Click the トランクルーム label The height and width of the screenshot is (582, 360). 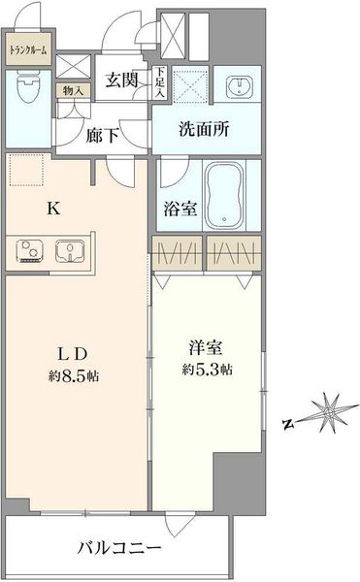point(28,49)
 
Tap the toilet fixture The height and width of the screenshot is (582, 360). point(28,88)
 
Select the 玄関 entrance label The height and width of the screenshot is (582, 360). point(121,80)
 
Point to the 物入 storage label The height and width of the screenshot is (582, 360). point(73,90)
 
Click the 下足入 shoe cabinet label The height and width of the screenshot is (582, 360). point(159,82)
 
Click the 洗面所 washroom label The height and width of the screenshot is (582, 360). point(204,129)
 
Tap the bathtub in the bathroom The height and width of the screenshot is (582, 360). point(224,196)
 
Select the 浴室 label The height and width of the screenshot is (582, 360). point(180,209)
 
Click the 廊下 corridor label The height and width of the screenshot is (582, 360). point(103,136)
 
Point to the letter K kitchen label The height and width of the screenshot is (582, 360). point(53,209)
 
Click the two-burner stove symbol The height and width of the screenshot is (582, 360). point(29,251)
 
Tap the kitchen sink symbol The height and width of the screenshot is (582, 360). point(70,250)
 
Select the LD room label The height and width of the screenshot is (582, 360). point(73,354)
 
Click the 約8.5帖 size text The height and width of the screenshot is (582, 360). point(74,376)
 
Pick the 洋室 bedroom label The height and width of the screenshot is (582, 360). point(206,348)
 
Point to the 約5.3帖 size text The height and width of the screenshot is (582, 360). point(207,370)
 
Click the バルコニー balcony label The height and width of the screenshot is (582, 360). point(119,548)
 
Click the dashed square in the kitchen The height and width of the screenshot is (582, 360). point(27,170)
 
